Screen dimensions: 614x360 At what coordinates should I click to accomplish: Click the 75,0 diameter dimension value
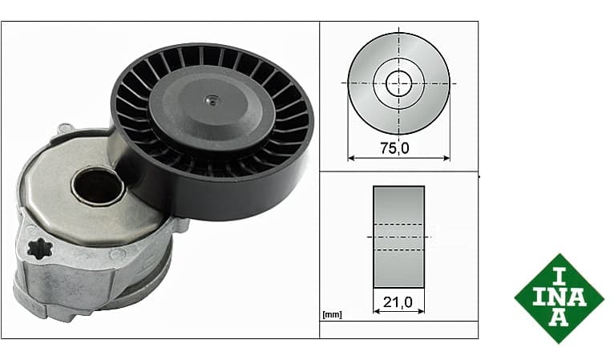click(394, 148)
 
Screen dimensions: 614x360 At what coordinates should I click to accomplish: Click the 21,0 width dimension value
click(398, 302)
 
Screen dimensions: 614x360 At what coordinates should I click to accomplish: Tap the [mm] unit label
click(332, 314)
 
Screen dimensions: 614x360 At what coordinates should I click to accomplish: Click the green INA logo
click(559, 298)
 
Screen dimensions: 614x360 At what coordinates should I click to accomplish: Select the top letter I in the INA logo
click(559, 277)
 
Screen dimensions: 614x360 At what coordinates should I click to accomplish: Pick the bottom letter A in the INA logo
click(559, 318)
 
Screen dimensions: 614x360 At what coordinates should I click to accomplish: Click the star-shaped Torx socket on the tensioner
click(40, 249)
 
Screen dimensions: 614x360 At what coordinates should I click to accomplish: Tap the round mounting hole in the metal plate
click(98, 186)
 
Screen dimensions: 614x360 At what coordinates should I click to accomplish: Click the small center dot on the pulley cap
click(212, 102)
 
